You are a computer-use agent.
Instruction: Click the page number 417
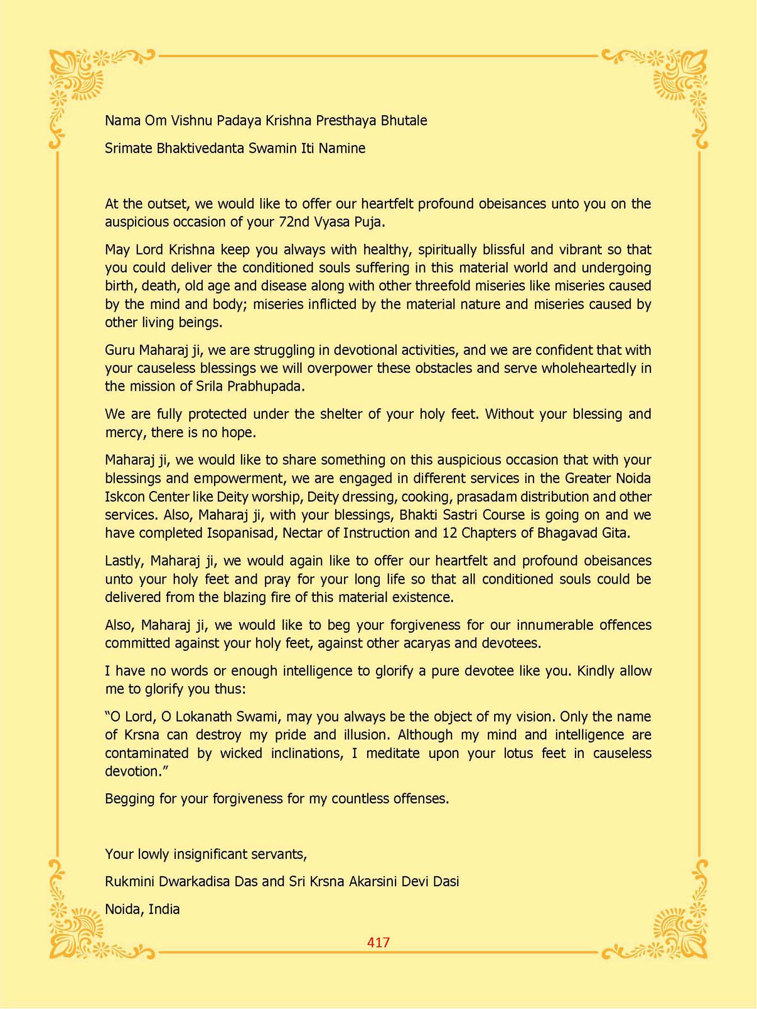coord(378,942)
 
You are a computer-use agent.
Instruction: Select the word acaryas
coord(419,644)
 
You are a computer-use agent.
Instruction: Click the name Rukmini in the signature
coord(130,882)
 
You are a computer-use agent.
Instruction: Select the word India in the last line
coord(163,909)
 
